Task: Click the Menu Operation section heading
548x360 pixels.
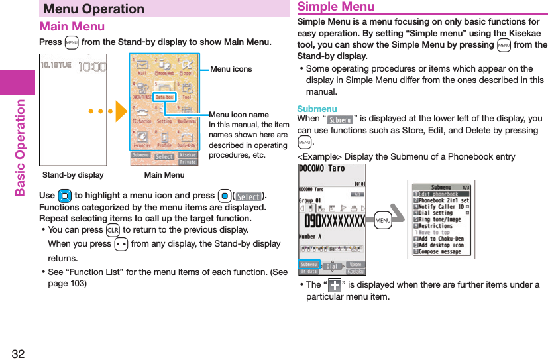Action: [x=93, y=9]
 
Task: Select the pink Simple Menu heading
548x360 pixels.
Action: [x=336, y=7]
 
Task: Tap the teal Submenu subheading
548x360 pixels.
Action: [x=317, y=109]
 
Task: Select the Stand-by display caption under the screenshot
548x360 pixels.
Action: [x=73, y=175]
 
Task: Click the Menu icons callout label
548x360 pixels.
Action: [x=231, y=69]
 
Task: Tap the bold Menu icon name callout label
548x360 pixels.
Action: [x=239, y=115]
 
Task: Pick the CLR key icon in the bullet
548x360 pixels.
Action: [x=111, y=230]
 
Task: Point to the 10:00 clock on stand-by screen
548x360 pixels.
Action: [x=91, y=66]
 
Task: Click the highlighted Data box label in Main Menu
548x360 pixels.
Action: [x=166, y=97]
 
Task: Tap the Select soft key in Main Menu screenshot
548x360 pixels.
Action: [x=164, y=157]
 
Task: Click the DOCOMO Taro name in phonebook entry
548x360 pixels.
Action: [x=322, y=168]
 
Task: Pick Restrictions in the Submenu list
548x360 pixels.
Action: [x=437, y=226]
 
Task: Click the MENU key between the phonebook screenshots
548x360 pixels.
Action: [x=382, y=220]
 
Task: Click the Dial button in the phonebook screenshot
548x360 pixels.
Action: [x=333, y=266]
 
